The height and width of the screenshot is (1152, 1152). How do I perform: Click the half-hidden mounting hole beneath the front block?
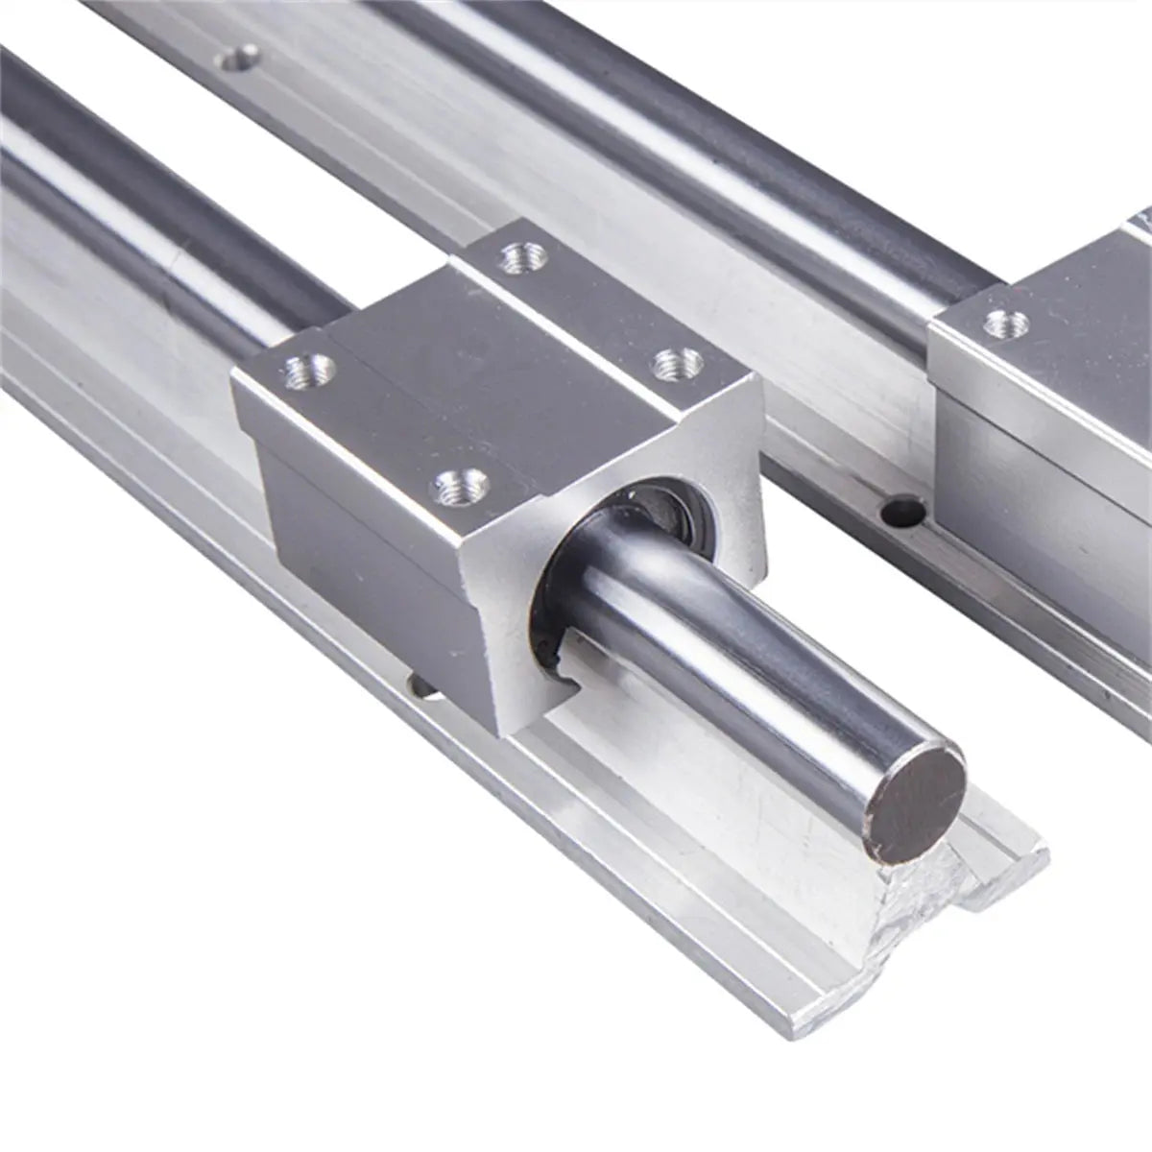pos(420,684)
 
